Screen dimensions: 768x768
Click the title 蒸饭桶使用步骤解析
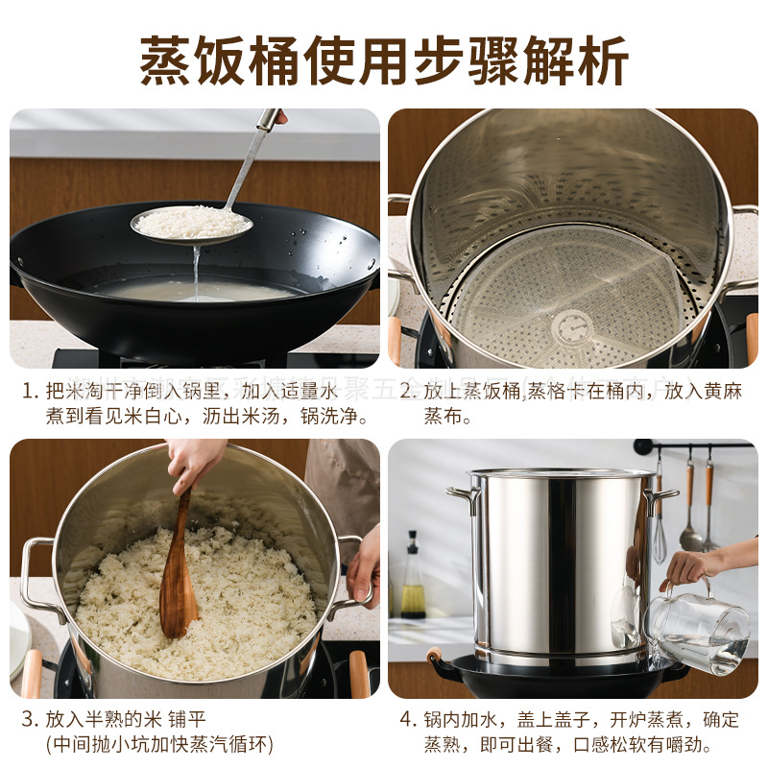384,60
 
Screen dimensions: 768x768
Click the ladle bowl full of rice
192,223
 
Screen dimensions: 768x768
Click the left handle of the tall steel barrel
462,497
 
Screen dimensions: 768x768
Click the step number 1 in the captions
29,392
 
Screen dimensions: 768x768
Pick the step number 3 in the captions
29,719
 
